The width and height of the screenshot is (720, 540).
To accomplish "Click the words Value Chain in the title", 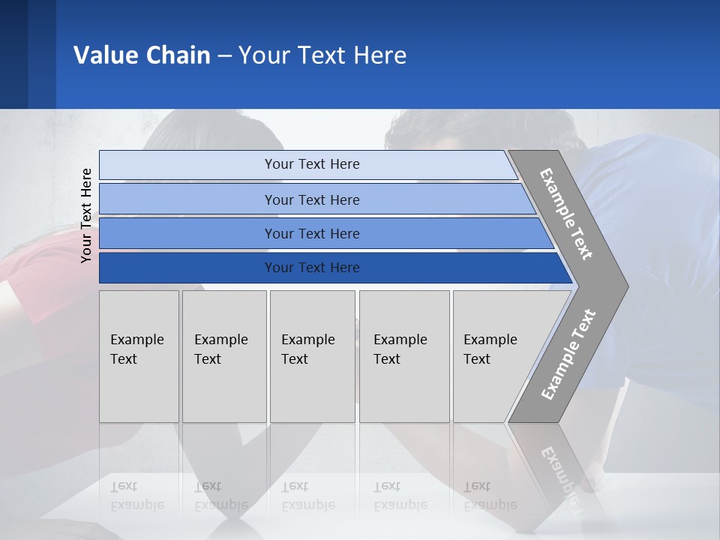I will (142, 55).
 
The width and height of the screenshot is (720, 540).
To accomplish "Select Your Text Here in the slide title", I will (322, 55).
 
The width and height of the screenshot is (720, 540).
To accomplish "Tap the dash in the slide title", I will (224, 55).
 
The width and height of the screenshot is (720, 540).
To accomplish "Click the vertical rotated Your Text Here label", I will (86, 215).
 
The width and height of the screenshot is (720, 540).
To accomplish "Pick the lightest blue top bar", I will (311, 164).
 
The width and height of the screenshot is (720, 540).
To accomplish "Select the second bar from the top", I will (311, 199).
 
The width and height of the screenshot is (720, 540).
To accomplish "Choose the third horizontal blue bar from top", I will (311, 233).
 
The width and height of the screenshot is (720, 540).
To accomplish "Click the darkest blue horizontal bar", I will (311, 268).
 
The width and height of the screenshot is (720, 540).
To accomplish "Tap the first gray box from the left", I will (139, 356).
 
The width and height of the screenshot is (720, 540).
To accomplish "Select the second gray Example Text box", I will (223, 356).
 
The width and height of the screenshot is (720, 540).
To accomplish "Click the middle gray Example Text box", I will (312, 356).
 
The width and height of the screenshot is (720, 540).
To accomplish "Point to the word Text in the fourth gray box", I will (387, 359).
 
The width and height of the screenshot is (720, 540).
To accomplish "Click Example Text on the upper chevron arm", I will (566, 214).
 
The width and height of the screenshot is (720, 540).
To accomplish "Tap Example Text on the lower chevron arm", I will (568, 355).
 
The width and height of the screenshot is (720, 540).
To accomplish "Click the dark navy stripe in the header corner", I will (13, 54).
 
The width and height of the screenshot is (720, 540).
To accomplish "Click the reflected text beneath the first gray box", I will (137, 496).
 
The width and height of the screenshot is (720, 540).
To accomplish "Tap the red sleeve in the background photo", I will (30, 270).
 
